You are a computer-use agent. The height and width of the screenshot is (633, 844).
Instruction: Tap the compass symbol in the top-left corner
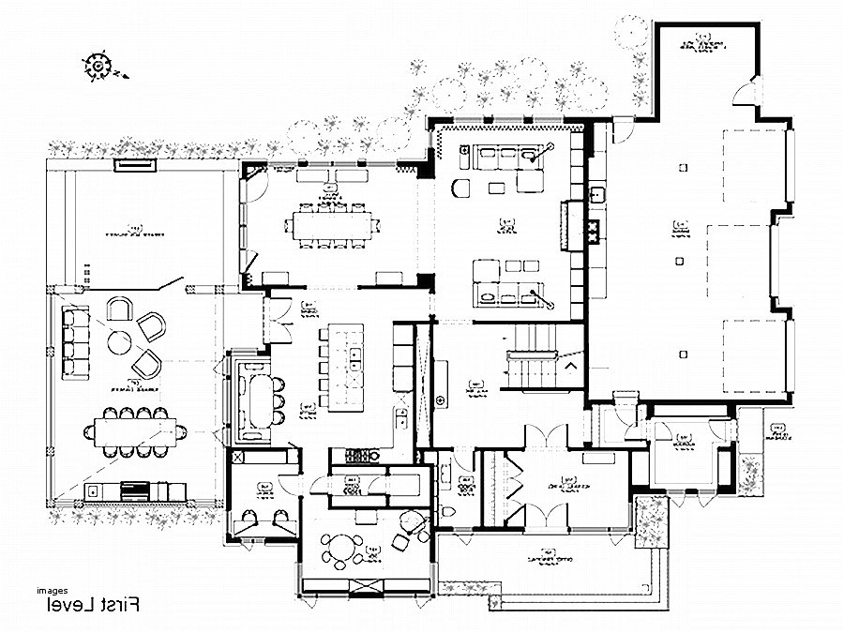pos(97,65)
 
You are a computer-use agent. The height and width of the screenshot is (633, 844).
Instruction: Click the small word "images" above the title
pos(53,591)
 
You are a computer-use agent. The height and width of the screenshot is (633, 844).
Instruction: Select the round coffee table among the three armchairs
pos(120,342)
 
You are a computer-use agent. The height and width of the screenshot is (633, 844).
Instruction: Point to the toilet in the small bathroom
pos(446,510)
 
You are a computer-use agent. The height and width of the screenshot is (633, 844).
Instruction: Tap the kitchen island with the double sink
pos(346,366)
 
